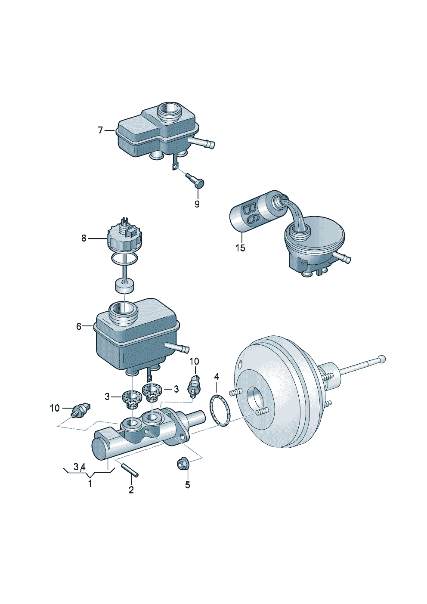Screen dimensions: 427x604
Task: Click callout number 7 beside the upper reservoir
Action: [100, 130]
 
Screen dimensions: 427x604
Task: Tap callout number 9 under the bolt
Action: [197, 204]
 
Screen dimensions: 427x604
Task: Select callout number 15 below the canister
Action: [240, 248]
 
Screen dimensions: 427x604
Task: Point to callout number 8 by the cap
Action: [84, 239]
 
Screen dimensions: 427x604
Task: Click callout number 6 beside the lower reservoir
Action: [79, 326]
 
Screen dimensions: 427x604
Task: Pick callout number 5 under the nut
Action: [188, 485]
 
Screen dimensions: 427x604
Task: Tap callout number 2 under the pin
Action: [131, 489]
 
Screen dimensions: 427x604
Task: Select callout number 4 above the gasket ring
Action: [217, 377]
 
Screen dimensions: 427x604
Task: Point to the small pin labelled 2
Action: [130, 470]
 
